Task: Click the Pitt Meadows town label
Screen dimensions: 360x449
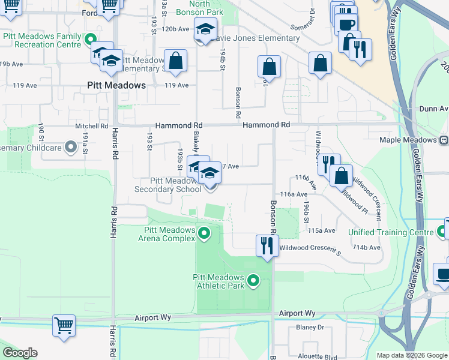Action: (x=116, y=85)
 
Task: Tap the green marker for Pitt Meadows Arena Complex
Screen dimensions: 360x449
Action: (x=204, y=233)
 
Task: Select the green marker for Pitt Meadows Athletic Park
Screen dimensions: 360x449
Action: (x=253, y=280)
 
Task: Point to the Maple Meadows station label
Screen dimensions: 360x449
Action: (x=408, y=140)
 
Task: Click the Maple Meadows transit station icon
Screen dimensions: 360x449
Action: (x=444, y=140)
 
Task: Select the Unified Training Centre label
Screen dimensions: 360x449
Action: (x=391, y=232)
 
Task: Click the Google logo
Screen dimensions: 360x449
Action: (x=20, y=353)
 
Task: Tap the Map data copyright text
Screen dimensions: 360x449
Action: (x=411, y=355)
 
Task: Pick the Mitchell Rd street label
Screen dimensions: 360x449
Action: (x=91, y=126)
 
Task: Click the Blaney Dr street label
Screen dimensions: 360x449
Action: (x=310, y=327)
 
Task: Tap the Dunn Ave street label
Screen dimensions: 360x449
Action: (x=435, y=109)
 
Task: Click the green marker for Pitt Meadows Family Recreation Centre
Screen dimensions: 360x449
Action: (x=90, y=40)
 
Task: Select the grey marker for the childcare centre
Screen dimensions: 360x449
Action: (x=70, y=146)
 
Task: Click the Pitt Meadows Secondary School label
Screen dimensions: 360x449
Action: (x=167, y=185)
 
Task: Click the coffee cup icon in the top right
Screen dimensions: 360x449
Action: (x=346, y=25)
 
